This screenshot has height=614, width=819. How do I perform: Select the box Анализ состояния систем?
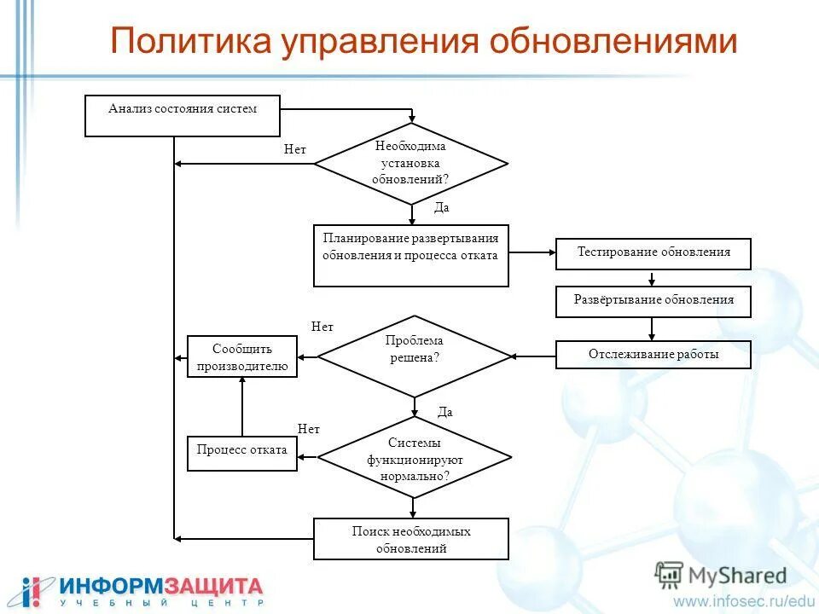pos(183,116)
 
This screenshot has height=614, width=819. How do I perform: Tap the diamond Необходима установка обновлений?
pos(411,163)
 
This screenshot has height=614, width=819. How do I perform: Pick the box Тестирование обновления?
pos(653,253)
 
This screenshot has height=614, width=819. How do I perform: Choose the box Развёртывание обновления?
pos(653,301)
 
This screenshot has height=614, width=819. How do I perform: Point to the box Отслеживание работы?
pos(653,355)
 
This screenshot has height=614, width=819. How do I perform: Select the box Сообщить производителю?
pos(242,356)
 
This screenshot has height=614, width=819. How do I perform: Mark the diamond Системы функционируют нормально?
pos(415,458)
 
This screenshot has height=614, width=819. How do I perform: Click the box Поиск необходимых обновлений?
pos(411,539)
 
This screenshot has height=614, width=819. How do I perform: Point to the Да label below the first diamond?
pos(441,207)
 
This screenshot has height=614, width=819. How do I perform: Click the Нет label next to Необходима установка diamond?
pos(295,149)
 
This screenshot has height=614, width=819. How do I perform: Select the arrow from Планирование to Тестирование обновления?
pos(532,252)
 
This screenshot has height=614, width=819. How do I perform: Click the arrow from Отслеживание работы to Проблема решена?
pos(533,356)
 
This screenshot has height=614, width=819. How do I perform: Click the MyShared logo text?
pos(735,576)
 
